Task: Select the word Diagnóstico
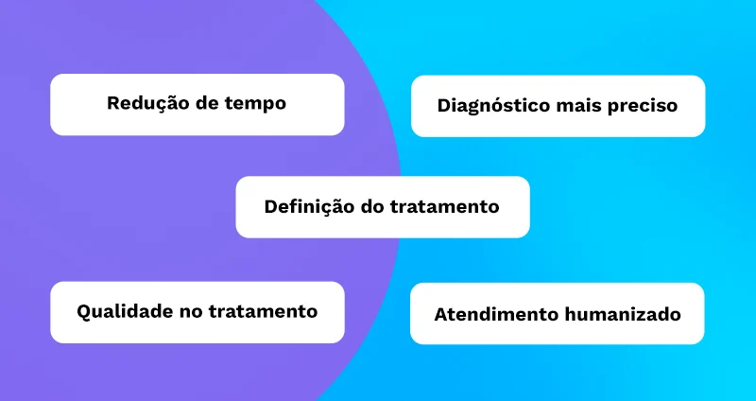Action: coord(493,106)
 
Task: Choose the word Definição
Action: coord(309,207)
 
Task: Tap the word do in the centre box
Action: coord(372,207)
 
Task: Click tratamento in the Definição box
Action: coord(444,207)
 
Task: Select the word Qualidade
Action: coord(125,312)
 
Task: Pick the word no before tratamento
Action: coord(191,313)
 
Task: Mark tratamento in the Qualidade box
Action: coord(263,312)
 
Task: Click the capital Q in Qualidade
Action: coord(84,312)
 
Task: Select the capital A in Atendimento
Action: coord(441,315)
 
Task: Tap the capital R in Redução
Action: coord(113,103)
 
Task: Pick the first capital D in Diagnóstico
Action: coord(444,106)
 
